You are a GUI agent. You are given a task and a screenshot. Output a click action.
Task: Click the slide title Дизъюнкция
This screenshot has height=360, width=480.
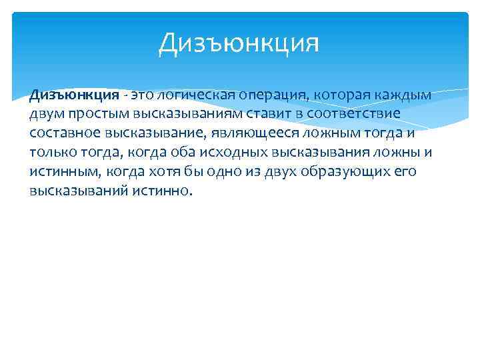[x=239, y=43]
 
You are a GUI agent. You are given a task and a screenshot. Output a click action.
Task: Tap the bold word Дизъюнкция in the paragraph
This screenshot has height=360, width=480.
[x=74, y=95]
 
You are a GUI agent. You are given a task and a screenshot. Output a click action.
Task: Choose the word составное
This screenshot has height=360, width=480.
[x=62, y=133]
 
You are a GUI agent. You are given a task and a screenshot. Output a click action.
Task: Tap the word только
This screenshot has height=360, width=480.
[x=51, y=153]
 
